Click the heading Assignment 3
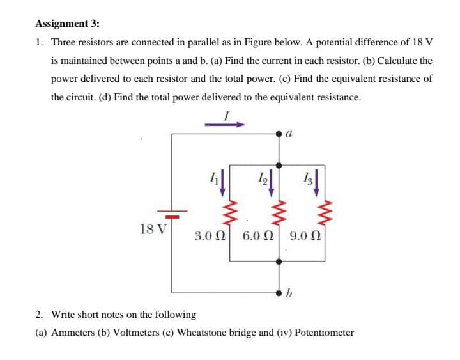pos(67,24)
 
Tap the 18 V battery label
pos(151,228)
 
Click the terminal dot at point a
pos(279,134)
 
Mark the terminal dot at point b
pos(279,292)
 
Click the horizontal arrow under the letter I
pos(225,125)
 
